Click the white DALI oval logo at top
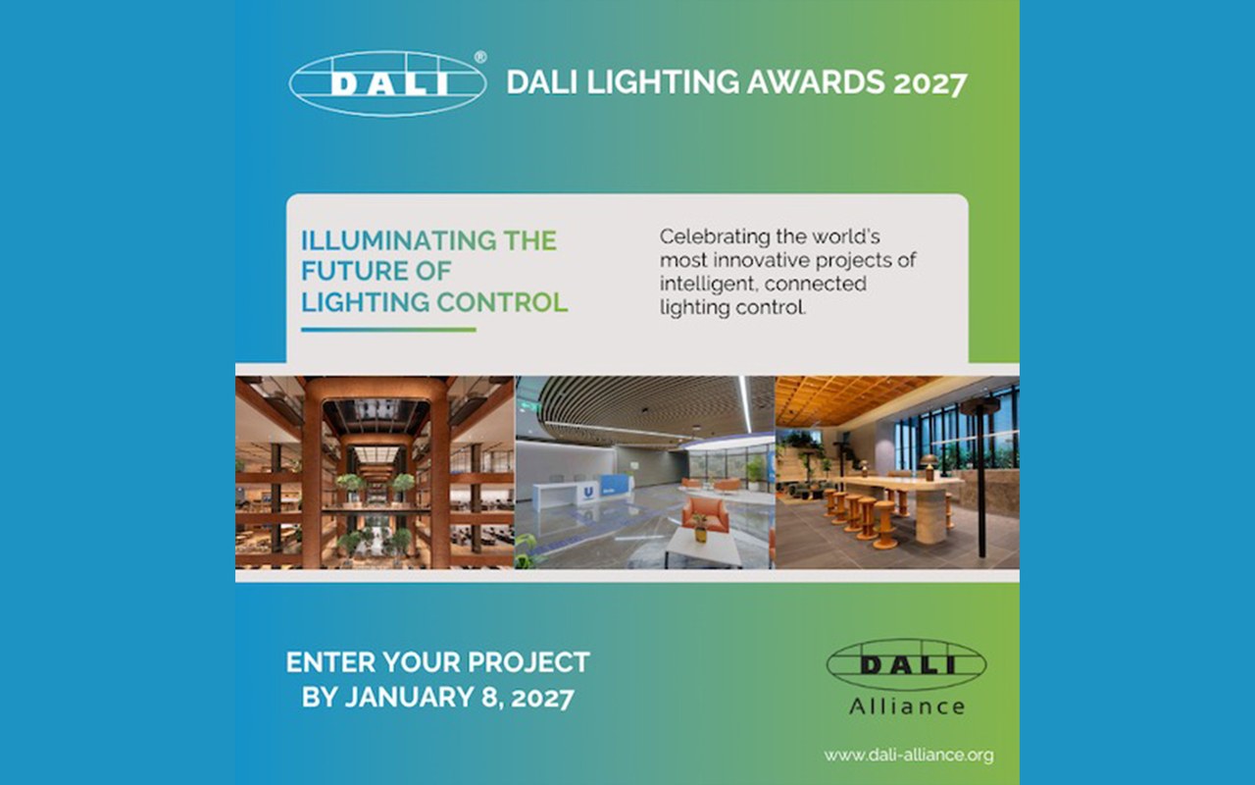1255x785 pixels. click(x=387, y=84)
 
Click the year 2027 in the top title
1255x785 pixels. click(x=930, y=83)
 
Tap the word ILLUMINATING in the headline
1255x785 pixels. click(x=399, y=240)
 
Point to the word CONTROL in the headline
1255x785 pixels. click(x=502, y=302)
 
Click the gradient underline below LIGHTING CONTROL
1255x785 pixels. click(x=388, y=330)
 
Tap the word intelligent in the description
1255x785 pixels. click(x=710, y=285)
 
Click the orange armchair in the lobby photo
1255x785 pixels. click(x=705, y=515)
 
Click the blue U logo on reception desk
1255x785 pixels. click(x=589, y=493)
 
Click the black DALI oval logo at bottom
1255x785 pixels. click(x=907, y=665)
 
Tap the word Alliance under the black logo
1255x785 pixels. click(x=907, y=706)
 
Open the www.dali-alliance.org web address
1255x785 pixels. click(x=908, y=755)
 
